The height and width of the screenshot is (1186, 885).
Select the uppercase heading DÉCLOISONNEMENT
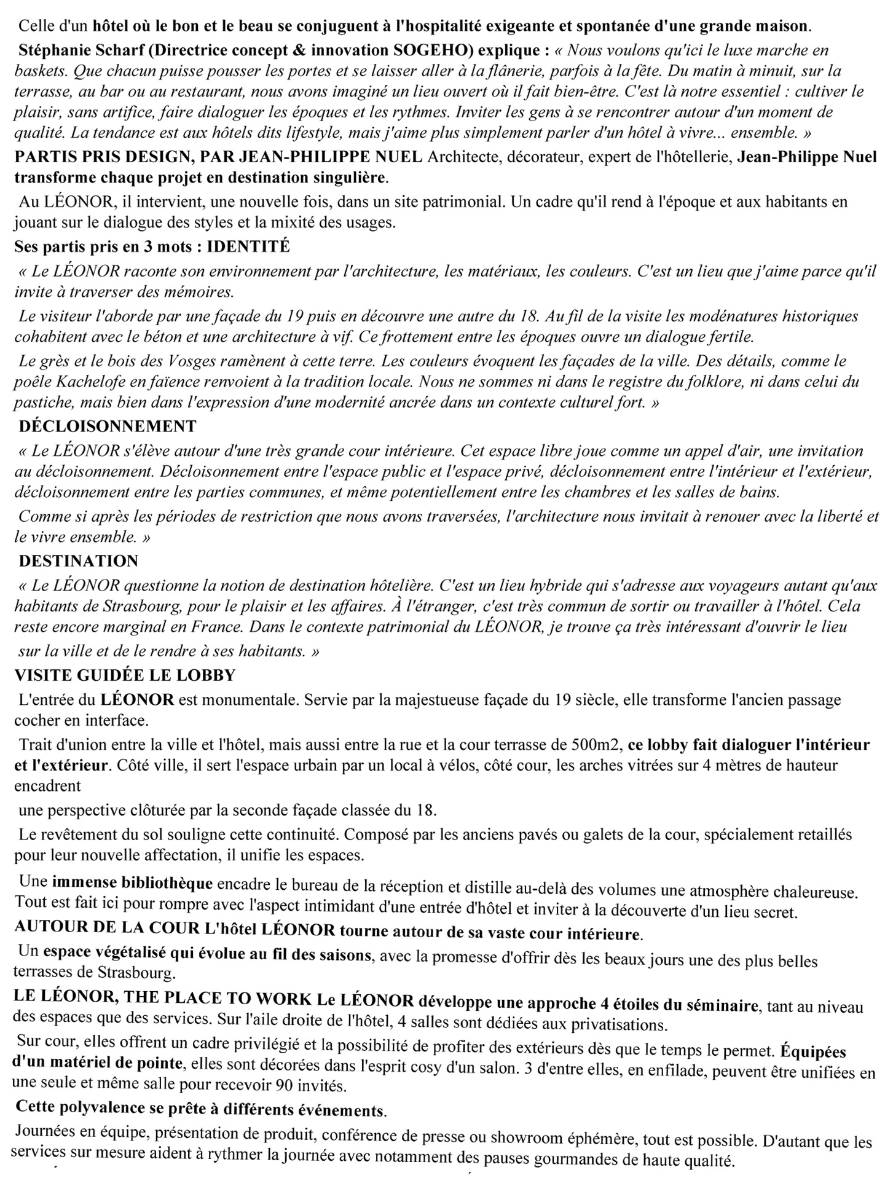pyautogui.click(x=108, y=426)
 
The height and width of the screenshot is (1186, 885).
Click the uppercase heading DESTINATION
pyautogui.click(x=79, y=560)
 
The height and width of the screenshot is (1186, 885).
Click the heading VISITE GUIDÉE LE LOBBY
pyautogui.click(x=125, y=675)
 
